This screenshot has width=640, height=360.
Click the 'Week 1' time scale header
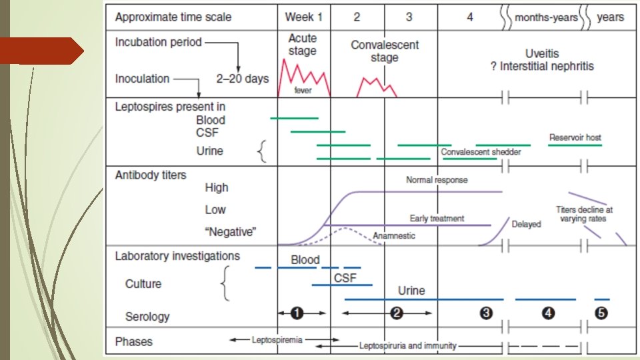(x=303, y=17)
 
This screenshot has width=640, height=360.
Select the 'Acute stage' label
(x=303, y=44)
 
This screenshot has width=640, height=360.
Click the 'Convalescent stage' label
(x=385, y=51)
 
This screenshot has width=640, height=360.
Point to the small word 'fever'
(x=303, y=91)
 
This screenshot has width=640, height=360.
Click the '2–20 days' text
(x=243, y=79)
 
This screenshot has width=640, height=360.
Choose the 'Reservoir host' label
(x=575, y=137)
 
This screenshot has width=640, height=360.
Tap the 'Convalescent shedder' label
(x=481, y=152)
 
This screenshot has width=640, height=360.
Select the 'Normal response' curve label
(x=437, y=180)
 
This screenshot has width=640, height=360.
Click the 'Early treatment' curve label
(x=437, y=218)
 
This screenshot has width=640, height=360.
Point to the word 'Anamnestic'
(x=394, y=235)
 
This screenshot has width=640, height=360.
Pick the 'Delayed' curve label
(x=526, y=224)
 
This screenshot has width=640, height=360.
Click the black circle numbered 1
(x=297, y=313)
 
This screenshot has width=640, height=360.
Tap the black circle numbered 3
(x=486, y=313)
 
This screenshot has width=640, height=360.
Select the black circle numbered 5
(x=601, y=313)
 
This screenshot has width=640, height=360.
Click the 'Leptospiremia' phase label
(x=277, y=340)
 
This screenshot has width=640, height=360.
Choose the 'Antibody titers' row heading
(x=151, y=175)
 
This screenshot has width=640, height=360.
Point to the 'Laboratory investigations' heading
(x=177, y=256)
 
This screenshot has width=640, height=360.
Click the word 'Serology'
(x=147, y=316)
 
